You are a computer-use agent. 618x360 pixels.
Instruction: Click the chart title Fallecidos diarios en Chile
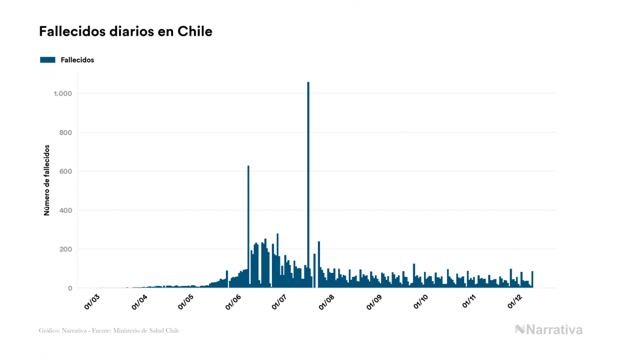pos(126,32)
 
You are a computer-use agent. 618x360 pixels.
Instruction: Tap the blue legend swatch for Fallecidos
pos(48,60)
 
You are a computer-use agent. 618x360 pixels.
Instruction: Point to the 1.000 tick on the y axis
pos(62,93)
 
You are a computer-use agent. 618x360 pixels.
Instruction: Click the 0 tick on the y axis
pos(69,288)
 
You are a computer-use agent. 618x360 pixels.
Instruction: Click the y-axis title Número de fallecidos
pos(46,180)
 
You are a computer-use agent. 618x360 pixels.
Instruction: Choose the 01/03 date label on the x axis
pos(92,302)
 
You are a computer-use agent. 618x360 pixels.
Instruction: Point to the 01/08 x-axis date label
pos(327,302)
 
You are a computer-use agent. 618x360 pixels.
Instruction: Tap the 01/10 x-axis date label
pos(421,302)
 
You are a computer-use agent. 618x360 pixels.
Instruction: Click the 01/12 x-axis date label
pos(514,302)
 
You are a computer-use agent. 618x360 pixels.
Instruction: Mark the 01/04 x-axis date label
pos(139,302)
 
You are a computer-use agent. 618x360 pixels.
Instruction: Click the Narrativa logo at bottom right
pos(549,330)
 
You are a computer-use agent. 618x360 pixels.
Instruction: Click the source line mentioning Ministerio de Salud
pos(109,331)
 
